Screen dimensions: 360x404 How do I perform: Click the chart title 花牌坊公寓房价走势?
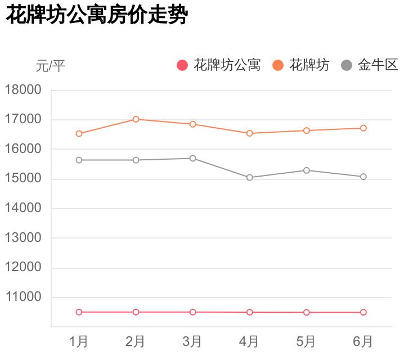[96, 16]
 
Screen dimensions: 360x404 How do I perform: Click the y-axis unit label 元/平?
[51, 66]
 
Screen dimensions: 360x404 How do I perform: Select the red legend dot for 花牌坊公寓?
[182, 65]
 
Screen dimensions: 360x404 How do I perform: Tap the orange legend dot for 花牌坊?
[278, 65]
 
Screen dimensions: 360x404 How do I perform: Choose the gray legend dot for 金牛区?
[347, 65]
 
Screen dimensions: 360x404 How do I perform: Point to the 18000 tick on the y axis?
[23, 90]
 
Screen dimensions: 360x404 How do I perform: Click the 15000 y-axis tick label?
[23, 179]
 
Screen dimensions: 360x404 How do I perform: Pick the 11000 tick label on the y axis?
[23, 297]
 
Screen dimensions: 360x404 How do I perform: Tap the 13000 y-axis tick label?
[23, 238]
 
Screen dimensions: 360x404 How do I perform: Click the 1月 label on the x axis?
[79, 341]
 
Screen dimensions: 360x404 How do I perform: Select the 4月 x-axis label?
[249, 341]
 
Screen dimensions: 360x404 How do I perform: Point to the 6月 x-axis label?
[363, 341]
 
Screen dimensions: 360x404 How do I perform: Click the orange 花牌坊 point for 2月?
[136, 119]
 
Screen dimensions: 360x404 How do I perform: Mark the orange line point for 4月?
[249, 133]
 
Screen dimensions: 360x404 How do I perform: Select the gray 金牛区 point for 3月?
[192, 159]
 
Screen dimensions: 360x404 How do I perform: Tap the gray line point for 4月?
[249, 178]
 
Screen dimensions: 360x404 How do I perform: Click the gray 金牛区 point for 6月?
[363, 177]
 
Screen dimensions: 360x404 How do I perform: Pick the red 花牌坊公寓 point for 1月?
[79, 312]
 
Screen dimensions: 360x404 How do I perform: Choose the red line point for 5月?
[306, 312]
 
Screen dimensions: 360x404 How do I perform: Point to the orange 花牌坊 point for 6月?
[363, 128]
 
